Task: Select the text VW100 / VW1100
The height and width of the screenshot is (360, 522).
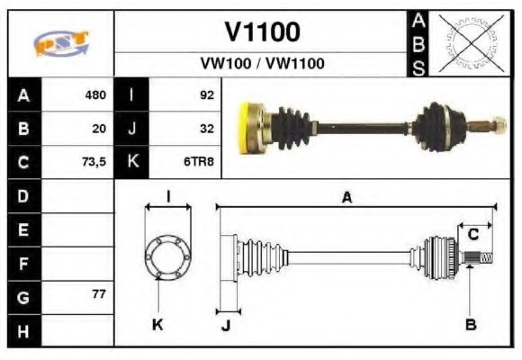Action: pos(262,64)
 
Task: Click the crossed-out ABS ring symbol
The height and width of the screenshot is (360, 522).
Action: pos(468,42)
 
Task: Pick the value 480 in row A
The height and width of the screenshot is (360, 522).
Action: pos(94,94)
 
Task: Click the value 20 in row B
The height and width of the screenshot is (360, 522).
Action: pos(99,129)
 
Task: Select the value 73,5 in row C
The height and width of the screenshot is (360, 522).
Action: pos(93,163)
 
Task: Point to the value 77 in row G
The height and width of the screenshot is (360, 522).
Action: pos(99,295)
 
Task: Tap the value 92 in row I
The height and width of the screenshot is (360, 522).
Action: pos(206,94)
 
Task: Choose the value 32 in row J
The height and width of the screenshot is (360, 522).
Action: pos(206,129)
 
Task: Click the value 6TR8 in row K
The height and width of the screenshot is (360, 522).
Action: pos(200,163)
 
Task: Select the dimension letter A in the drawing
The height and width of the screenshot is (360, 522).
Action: pos(346,197)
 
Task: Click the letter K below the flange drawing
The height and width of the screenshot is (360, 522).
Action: pos(157,325)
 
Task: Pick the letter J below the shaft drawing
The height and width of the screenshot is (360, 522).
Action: pos(226,325)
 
